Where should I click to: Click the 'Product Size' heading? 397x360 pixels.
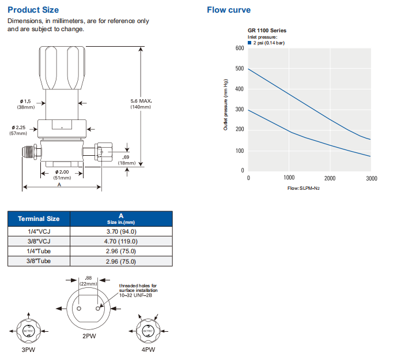(33, 10)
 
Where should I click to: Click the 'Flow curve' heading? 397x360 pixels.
(229, 10)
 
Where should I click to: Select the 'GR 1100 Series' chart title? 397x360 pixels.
(267, 31)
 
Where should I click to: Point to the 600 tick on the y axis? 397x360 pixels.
(240, 48)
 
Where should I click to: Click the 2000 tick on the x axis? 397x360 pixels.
(330, 178)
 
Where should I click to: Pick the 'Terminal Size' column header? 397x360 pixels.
(39, 219)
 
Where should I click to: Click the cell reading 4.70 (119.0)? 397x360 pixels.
(120, 241)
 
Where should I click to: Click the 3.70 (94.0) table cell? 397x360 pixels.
(120, 231)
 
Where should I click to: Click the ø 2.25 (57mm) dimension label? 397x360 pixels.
(18, 130)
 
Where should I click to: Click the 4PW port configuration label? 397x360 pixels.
(148, 350)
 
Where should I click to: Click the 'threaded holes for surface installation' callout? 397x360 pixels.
(138, 288)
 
